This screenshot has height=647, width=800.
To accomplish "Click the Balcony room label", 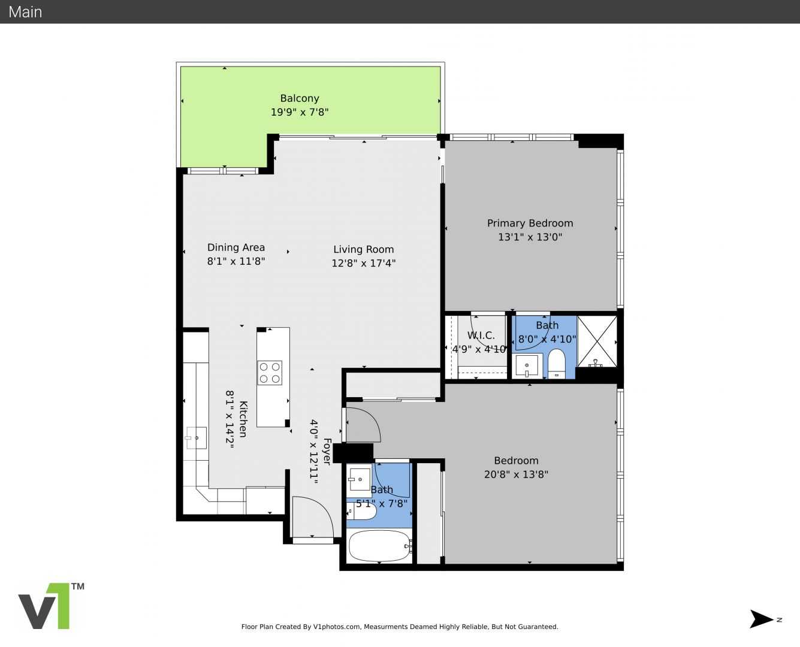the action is [x=300, y=98].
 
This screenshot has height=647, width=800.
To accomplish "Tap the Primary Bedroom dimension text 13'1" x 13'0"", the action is [x=530, y=237].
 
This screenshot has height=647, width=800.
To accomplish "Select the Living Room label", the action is [x=364, y=249].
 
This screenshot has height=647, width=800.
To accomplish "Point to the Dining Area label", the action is [x=236, y=247].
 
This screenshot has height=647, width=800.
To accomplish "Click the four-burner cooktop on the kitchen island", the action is [x=270, y=373].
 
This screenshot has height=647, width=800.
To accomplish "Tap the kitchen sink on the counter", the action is [x=196, y=438].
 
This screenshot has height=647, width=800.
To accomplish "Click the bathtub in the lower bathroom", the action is [x=380, y=546].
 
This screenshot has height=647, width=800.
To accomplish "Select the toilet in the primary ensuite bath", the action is [x=556, y=364].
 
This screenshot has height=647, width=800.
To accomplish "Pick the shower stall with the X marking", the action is [x=597, y=341].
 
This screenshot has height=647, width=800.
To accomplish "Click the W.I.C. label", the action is [x=481, y=335].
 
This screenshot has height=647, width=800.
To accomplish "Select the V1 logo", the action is [x=51, y=606].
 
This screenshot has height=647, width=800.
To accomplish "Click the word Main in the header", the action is [x=25, y=12].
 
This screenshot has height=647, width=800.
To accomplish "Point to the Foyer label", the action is [x=327, y=451].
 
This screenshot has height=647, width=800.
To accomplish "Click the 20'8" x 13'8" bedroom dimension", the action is [x=516, y=474].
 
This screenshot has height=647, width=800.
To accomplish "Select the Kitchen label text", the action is [x=243, y=419].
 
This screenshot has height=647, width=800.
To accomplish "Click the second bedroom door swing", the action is [x=363, y=424].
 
